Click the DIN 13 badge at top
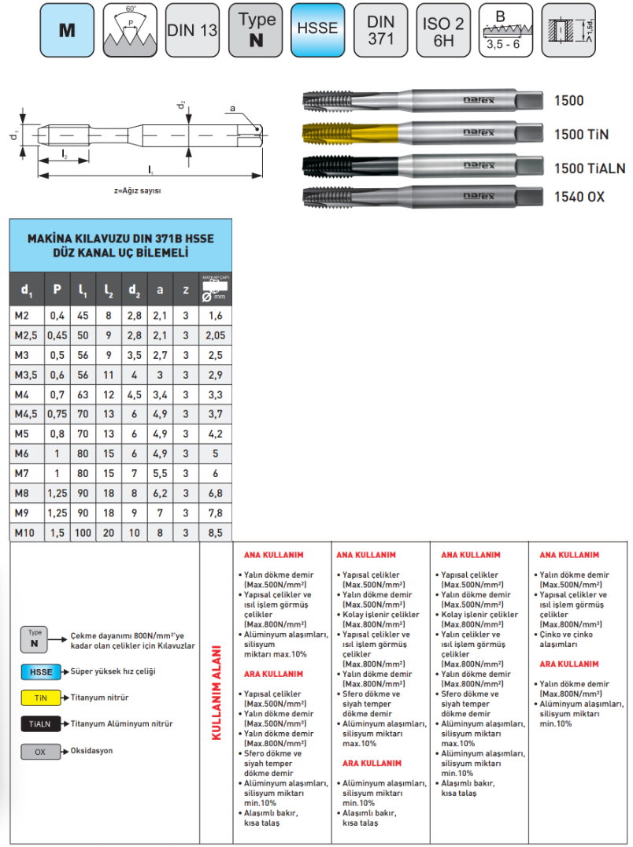[x=192, y=29]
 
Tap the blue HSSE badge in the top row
[x=317, y=29]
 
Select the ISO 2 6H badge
[x=444, y=29]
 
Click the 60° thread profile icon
[x=129, y=29]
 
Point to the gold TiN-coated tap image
[x=421, y=133]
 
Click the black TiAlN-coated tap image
[x=421, y=165]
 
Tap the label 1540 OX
[x=579, y=197]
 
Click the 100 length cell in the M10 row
[x=83, y=533]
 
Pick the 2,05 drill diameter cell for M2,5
[x=215, y=335]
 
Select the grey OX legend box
[x=40, y=752]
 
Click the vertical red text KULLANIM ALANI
[x=216, y=693]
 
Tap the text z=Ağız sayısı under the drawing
[x=143, y=190]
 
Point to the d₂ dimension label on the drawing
[x=181, y=105]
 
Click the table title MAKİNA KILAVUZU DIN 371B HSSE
[x=120, y=237]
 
